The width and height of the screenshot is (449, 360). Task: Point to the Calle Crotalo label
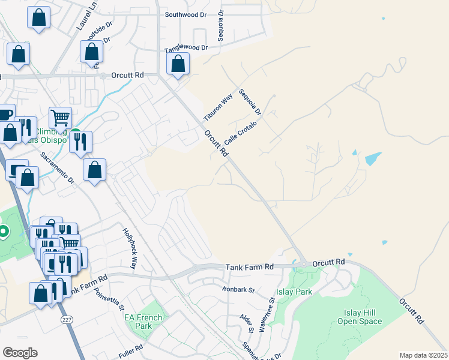pyautogui.click(x=240, y=133)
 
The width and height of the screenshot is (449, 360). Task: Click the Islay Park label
pyautogui.click(x=294, y=292)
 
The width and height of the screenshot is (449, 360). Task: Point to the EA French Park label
pyautogui.click(x=143, y=322)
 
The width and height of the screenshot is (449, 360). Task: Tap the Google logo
pyautogui.click(x=20, y=353)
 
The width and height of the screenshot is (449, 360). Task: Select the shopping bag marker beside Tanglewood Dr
pyautogui.click(x=178, y=64)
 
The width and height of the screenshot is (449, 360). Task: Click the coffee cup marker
pyautogui.click(x=5, y=115)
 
